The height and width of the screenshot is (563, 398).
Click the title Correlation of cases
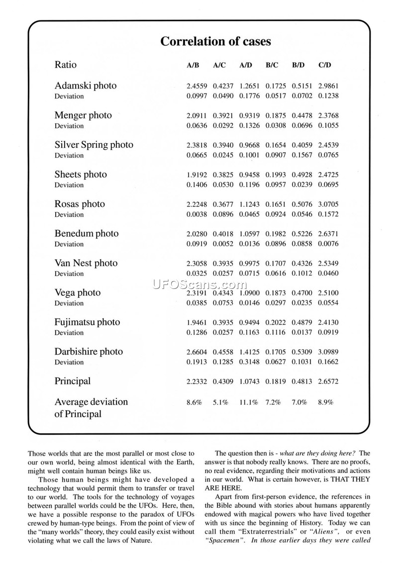[215, 42]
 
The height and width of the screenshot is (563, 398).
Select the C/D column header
[325, 65]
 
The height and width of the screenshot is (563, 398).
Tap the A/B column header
[193, 65]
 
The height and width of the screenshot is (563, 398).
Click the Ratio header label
[66, 65]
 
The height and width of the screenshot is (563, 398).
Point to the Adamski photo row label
[86, 86]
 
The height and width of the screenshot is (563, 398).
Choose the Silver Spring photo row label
[94, 145]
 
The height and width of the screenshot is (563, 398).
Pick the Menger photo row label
[83, 115]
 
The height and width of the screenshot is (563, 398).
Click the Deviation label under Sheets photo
[69, 185]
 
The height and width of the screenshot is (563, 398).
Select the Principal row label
[73, 381]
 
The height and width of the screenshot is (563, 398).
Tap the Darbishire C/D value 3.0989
[328, 352]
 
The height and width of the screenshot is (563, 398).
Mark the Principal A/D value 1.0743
[249, 381]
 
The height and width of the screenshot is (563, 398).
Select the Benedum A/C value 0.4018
[223, 234]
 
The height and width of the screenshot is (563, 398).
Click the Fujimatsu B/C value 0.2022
[276, 322]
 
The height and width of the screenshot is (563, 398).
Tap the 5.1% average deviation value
[220, 402]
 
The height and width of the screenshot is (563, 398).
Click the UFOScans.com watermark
[199, 284]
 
